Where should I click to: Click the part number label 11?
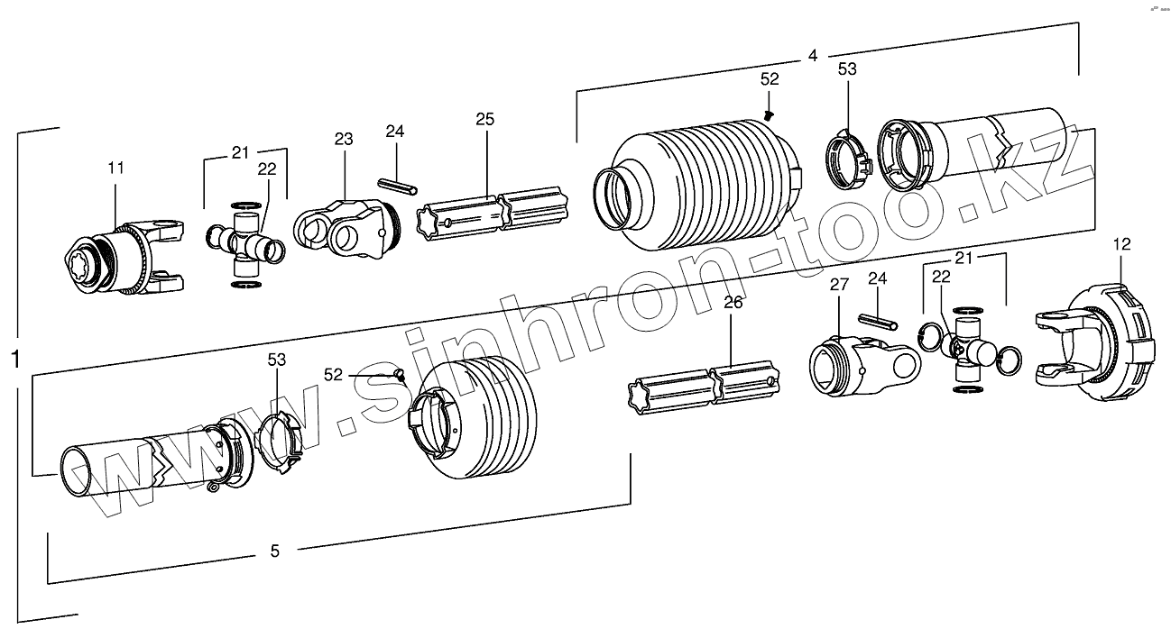tap(116, 169)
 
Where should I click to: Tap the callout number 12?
tap(1121, 243)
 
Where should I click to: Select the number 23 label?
tap(343, 140)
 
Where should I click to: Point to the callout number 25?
tap(485, 120)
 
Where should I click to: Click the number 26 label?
tap(733, 304)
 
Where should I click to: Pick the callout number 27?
tap(839, 285)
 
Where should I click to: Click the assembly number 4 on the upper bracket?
tap(812, 56)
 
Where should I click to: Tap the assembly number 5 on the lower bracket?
tap(274, 551)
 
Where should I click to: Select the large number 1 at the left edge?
tap(15, 359)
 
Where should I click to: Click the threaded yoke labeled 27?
tap(862, 362)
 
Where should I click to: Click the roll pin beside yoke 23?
tap(395, 185)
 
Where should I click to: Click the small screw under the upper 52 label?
tap(769, 114)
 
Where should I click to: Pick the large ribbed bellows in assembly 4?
tap(695, 187)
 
